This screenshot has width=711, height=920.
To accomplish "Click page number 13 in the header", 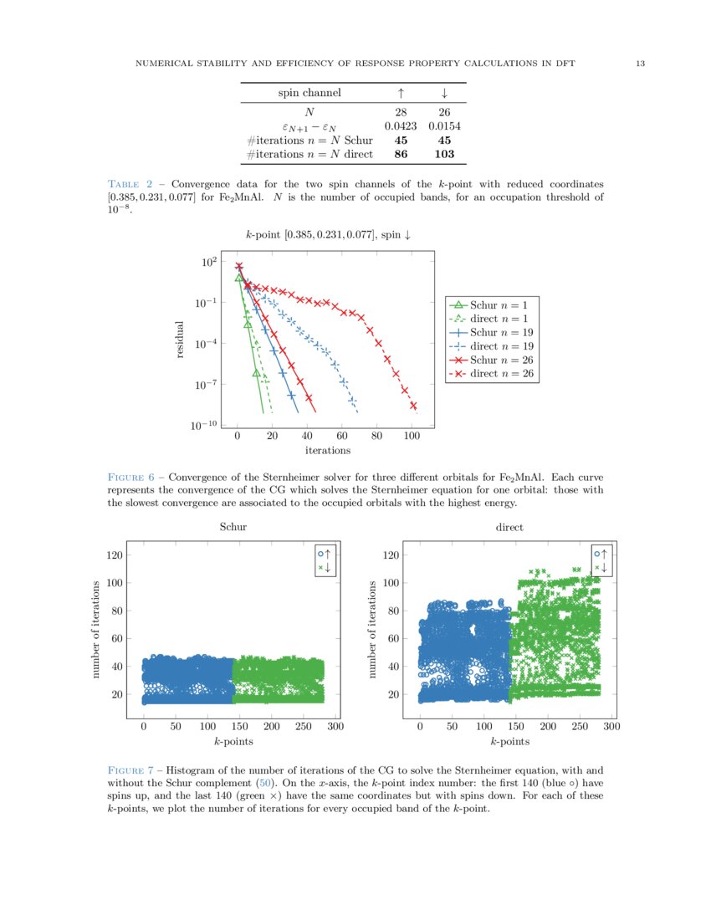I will tap(639, 64).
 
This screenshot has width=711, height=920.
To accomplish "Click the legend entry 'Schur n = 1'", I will tap(493, 305).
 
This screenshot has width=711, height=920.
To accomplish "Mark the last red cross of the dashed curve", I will tap(413, 406).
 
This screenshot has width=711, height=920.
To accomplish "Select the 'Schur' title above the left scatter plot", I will tap(233, 527).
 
